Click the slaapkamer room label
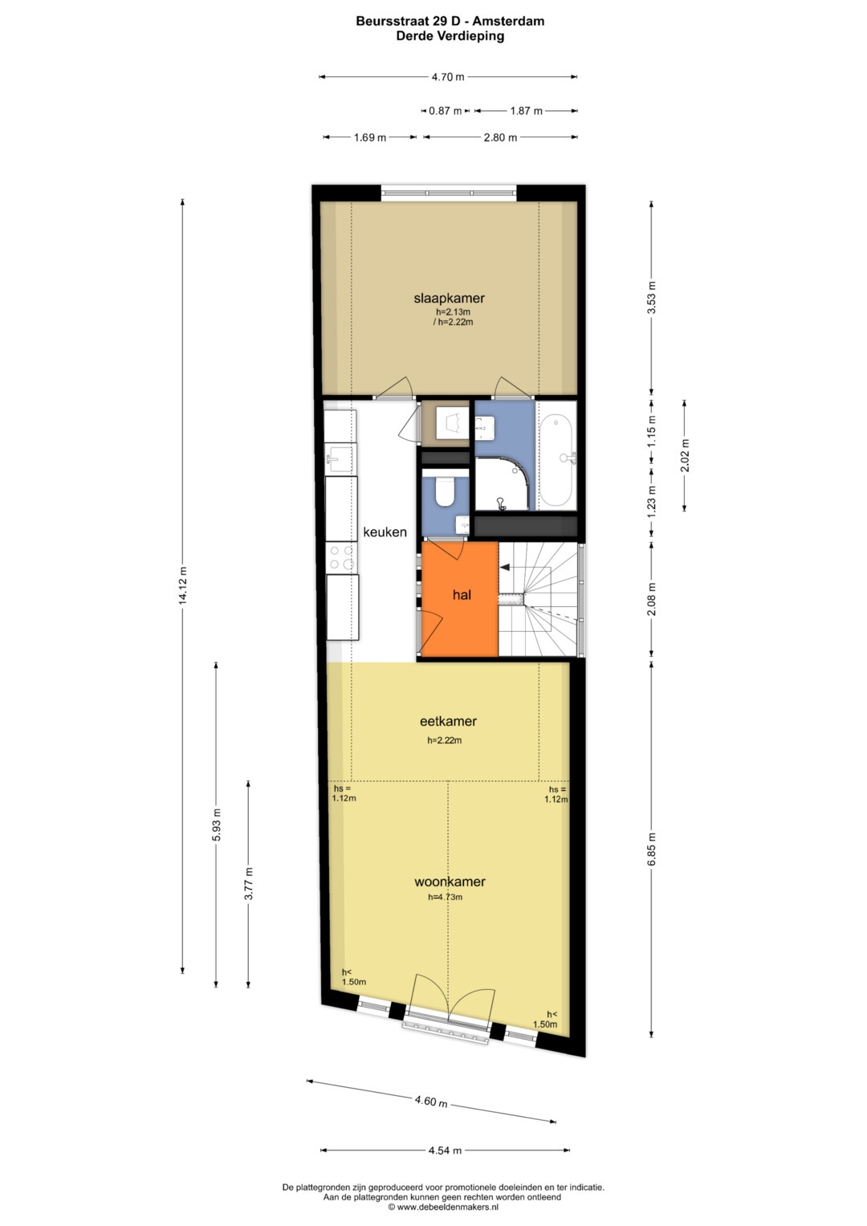click(449, 299)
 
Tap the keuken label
click(385, 532)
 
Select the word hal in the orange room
click(462, 594)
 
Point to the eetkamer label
click(448, 721)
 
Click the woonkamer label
click(450, 882)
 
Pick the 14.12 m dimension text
click(182, 585)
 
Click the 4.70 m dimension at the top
click(448, 77)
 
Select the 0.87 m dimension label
click(445, 111)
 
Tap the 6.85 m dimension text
click(651, 849)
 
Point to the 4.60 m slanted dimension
click(431, 1101)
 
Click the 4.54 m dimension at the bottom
click(445, 1151)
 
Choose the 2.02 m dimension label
click(685, 455)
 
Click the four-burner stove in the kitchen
click(341, 558)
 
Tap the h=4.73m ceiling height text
click(445, 897)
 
